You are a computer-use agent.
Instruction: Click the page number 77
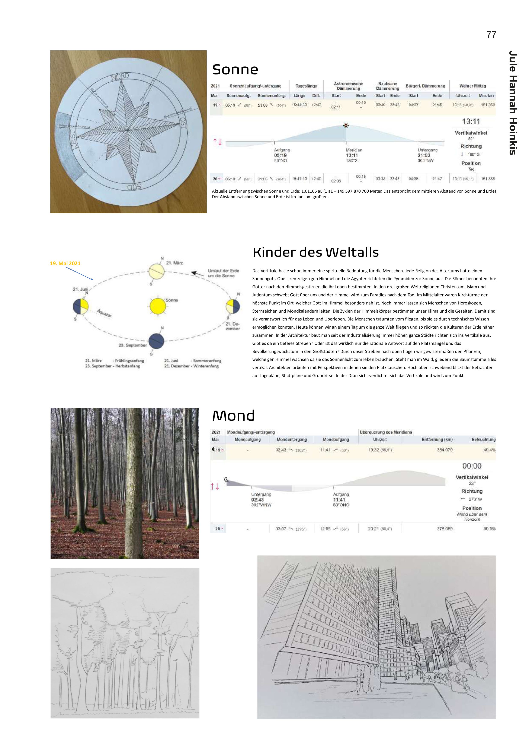(x=491, y=35)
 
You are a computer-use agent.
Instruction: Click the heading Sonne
(x=235, y=69)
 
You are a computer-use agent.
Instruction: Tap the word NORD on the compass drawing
(x=120, y=77)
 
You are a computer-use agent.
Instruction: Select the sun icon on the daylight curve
(x=346, y=126)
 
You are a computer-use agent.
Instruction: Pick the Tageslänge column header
(x=306, y=86)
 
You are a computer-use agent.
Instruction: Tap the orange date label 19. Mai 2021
(x=65, y=263)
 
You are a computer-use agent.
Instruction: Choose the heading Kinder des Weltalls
(x=315, y=252)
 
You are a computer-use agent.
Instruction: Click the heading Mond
(x=233, y=416)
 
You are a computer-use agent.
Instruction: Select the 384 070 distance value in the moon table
(x=445, y=450)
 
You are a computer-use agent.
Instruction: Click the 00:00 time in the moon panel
(x=472, y=466)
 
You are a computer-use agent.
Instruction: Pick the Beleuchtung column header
(x=483, y=439)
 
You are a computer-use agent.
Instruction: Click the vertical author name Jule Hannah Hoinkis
(x=513, y=102)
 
